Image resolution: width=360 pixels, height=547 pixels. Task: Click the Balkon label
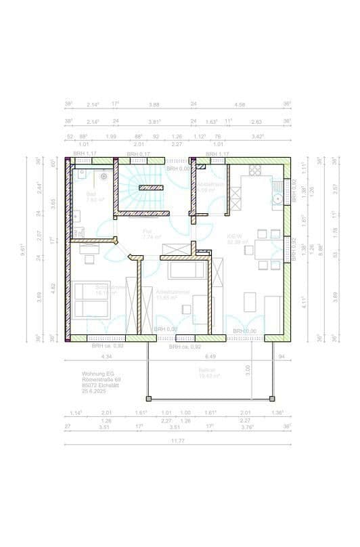[206, 370]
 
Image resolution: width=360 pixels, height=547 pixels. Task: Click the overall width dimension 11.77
[178, 441]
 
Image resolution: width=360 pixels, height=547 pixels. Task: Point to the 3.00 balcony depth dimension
[248, 369]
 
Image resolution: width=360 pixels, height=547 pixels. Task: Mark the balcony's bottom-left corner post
[148, 397]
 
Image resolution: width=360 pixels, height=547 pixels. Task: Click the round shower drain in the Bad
[104, 177]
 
